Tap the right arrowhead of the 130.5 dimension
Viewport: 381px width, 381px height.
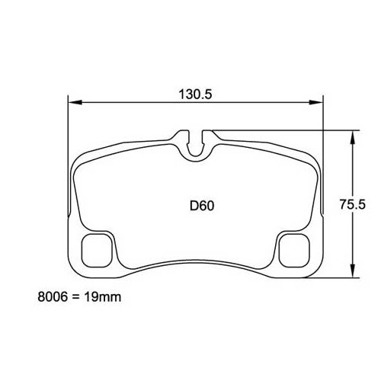coord(316,104)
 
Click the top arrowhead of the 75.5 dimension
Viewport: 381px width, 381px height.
coord(352,135)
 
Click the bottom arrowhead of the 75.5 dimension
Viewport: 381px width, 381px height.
coord(352,277)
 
